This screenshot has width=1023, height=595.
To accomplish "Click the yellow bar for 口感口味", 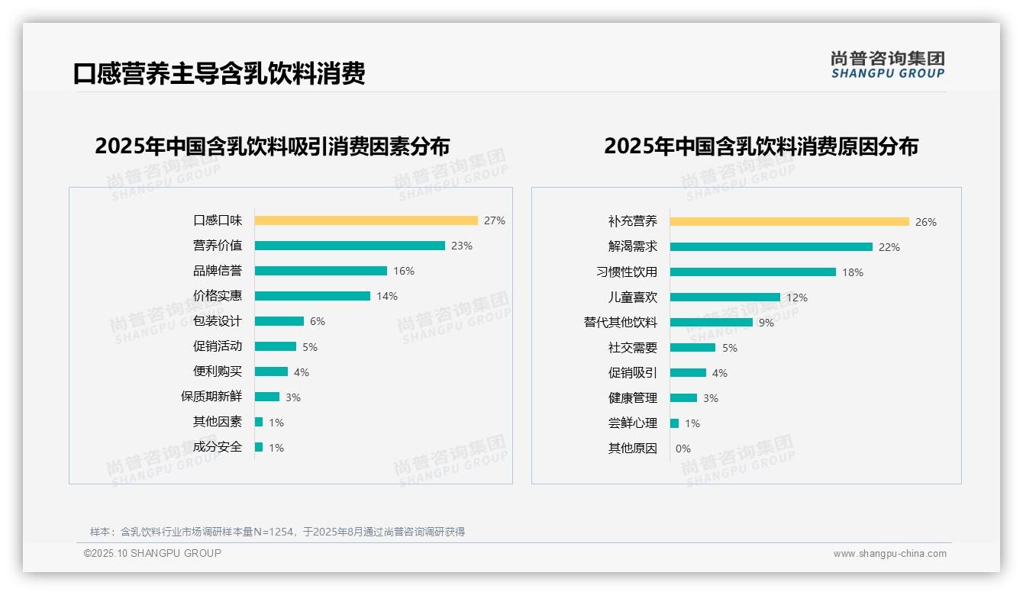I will (366, 220).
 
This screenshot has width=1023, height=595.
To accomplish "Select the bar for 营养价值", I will (350, 246).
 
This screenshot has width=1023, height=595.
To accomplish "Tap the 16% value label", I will (404, 271).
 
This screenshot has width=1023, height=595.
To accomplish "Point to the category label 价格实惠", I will (218, 296).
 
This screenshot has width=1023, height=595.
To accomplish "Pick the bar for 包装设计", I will (279, 321).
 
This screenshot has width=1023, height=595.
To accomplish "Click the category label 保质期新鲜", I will (211, 397).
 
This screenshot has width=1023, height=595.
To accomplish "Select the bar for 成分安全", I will (259, 447).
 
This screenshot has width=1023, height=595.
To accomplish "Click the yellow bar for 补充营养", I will (789, 222).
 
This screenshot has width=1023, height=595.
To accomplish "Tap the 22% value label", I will (889, 247).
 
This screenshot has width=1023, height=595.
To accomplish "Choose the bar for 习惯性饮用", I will (753, 272).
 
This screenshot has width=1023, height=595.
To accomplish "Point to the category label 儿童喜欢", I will (633, 297).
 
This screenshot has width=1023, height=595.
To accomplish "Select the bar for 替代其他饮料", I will (712, 323).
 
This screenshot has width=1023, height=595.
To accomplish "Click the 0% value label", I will (683, 449).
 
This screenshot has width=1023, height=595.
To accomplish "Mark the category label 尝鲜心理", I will (633, 423).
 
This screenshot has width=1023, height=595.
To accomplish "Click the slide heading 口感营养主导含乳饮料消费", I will (219, 73).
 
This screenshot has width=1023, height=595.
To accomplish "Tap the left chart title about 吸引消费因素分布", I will (273, 146).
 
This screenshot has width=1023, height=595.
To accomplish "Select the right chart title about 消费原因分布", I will (761, 146).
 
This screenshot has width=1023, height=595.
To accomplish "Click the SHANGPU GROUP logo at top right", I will (888, 65).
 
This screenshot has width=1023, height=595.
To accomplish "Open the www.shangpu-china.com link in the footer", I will (889, 554).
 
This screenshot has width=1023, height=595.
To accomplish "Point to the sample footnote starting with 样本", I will (277, 532).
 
